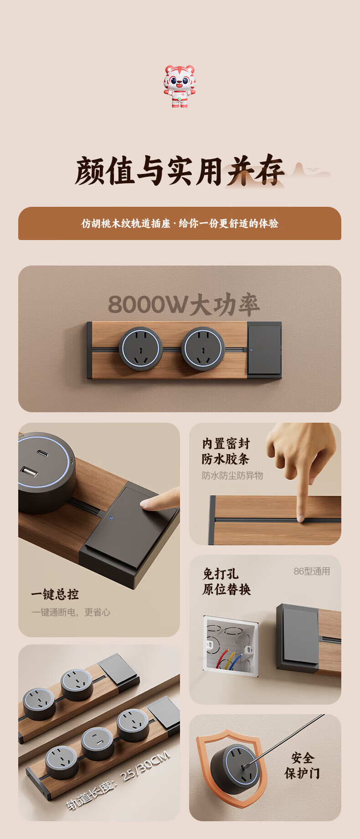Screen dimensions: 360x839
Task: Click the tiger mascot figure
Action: (x=180, y=86)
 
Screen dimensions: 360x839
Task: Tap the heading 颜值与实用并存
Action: (x=180, y=171)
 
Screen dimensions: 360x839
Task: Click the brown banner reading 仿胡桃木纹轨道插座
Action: (x=180, y=223)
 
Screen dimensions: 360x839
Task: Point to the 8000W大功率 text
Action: (x=184, y=305)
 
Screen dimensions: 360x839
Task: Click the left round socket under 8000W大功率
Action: (x=141, y=349)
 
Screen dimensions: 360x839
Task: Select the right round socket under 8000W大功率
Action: (x=203, y=349)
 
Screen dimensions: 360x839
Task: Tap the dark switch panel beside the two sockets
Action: (x=264, y=349)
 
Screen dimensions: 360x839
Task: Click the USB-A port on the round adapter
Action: (x=28, y=472)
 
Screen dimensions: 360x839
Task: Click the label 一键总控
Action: (x=55, y=594)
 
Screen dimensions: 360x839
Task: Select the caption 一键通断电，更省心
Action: (x=71, y=612)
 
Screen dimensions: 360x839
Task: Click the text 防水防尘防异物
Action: (x=232, y=476)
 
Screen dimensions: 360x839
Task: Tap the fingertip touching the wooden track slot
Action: (x=300, y=517)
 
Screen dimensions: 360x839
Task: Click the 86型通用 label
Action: (x=312, y=571)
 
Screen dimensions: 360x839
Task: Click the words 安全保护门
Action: (x=302, y=766)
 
